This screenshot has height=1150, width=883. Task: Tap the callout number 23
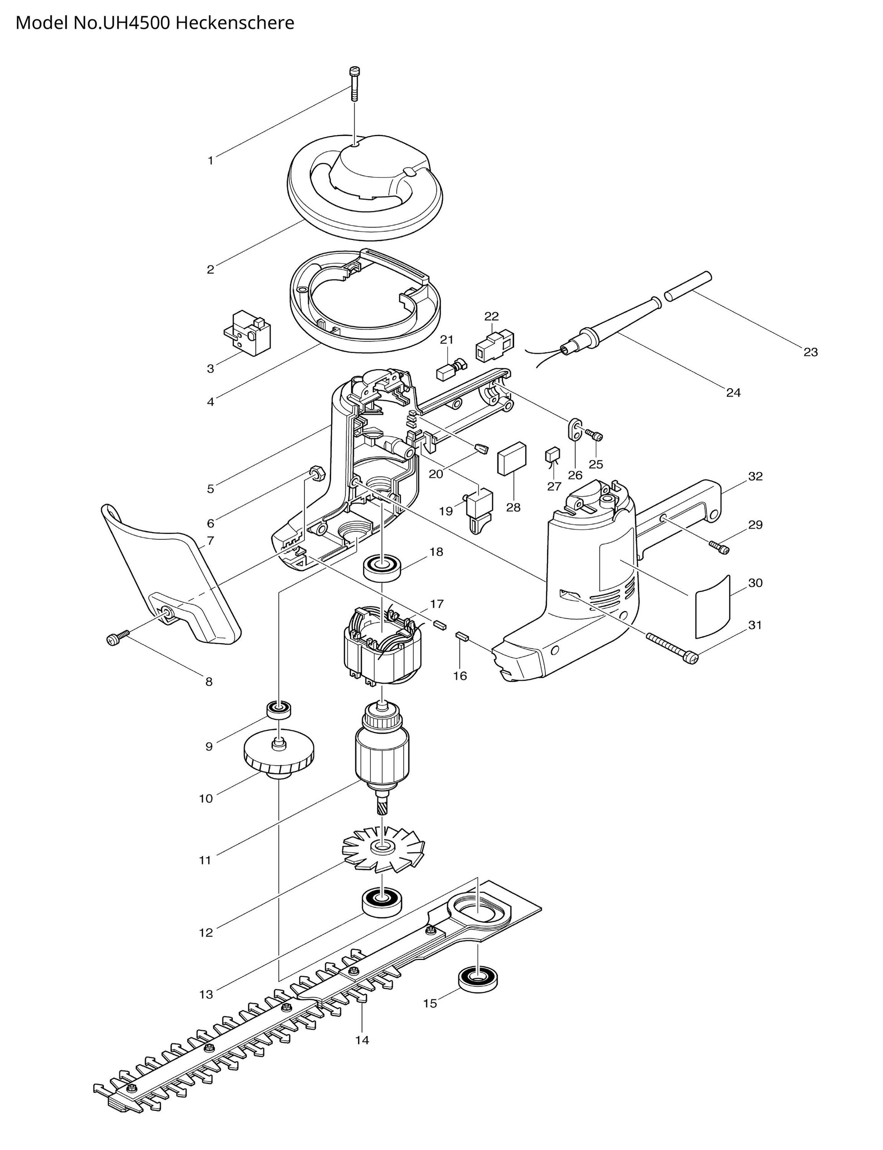pyautogui.click(x=810, y=352)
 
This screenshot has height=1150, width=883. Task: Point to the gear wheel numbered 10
pyautogui.click(x=279, y=761)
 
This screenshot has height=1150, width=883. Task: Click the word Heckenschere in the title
pyautogui.click(x=235, y=23)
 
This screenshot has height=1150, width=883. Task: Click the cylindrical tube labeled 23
pyautogui.click(x=688, y=286)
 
